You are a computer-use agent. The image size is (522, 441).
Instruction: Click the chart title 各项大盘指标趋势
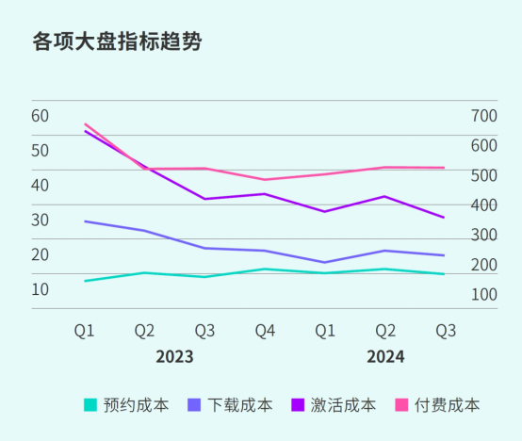tap(117, 42)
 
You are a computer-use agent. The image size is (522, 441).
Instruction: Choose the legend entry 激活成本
tap(334, 405)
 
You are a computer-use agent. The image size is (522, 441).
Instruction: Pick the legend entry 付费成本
tap(437, 405)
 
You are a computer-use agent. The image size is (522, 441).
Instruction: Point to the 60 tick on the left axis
tap(40, 116)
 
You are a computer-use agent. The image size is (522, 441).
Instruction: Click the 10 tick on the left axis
tap(40, 289)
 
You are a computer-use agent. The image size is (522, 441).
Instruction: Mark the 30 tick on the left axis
tap(40, 220)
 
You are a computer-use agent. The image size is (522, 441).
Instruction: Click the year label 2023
tap(174, 357)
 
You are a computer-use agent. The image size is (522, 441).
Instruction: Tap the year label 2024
tap(385, 357)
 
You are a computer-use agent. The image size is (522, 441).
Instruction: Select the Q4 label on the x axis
tap(265, 331)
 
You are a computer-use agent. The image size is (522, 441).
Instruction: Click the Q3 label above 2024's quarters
tap(446, 331)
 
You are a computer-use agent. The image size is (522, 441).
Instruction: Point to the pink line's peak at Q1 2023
tap(85, 123)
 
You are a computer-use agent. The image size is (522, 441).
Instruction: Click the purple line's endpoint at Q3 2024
tap(445, 218)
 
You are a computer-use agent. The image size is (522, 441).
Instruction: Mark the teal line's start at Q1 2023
tap(85, 281)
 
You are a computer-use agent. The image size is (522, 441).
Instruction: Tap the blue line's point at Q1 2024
tap(325, 263)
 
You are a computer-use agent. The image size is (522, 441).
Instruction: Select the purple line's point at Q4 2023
tap(265, 194)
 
